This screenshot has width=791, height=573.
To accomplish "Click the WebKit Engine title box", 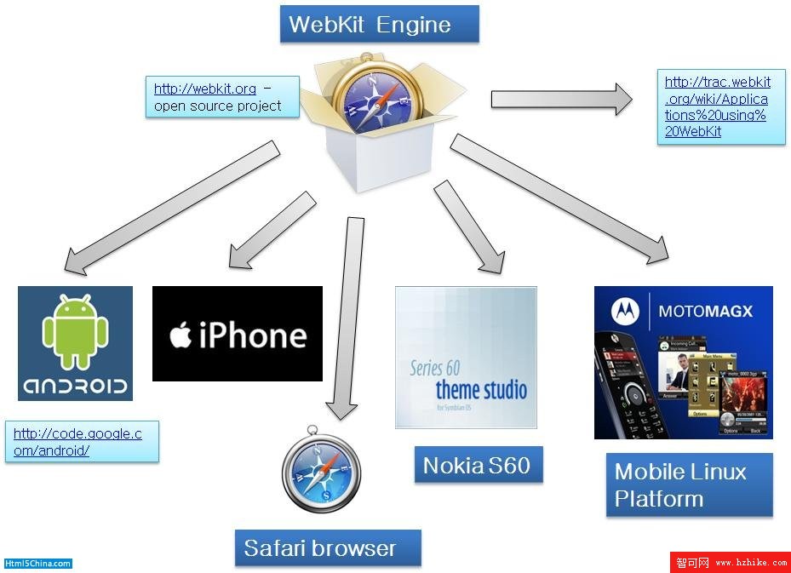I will (379, 24).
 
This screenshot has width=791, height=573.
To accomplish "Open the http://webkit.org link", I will (205, 89).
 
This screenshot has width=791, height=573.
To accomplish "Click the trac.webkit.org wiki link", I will (718, 106).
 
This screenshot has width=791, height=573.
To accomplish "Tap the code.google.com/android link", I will (77, 442).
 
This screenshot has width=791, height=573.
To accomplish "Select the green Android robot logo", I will (75, 333).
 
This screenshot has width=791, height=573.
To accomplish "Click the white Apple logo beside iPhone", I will (180, 335).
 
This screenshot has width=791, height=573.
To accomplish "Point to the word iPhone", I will (252, 335).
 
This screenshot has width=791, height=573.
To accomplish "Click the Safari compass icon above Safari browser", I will (321, 473).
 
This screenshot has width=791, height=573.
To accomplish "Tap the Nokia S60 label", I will (477, 465).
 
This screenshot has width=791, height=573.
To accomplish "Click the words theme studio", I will (481, 390).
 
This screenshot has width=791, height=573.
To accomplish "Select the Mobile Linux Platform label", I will (689, 484).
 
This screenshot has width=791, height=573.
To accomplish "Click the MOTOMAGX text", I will (706, 311).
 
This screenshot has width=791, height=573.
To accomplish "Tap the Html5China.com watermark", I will (38, 564).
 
